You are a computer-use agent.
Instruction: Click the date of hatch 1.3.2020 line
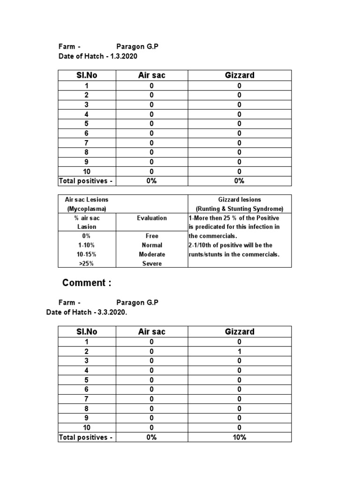point(98,56)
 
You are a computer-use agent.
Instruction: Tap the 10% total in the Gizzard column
point(240,437)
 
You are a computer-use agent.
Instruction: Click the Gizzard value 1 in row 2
point(240,351)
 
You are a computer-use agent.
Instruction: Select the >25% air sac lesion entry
point(86,263)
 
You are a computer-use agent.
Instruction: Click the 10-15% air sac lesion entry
point(86,254)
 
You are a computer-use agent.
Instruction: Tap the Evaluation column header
point(151,218)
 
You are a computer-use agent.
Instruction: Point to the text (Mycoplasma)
point(86,209)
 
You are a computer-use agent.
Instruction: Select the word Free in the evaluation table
point(151,236)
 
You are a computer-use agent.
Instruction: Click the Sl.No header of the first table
point(87,75)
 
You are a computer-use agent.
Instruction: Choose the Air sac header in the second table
point(151,332)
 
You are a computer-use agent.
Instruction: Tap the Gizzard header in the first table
point(240,75)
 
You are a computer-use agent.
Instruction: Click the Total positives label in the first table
point(86,181)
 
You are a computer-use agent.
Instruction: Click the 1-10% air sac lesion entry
point(86,245)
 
